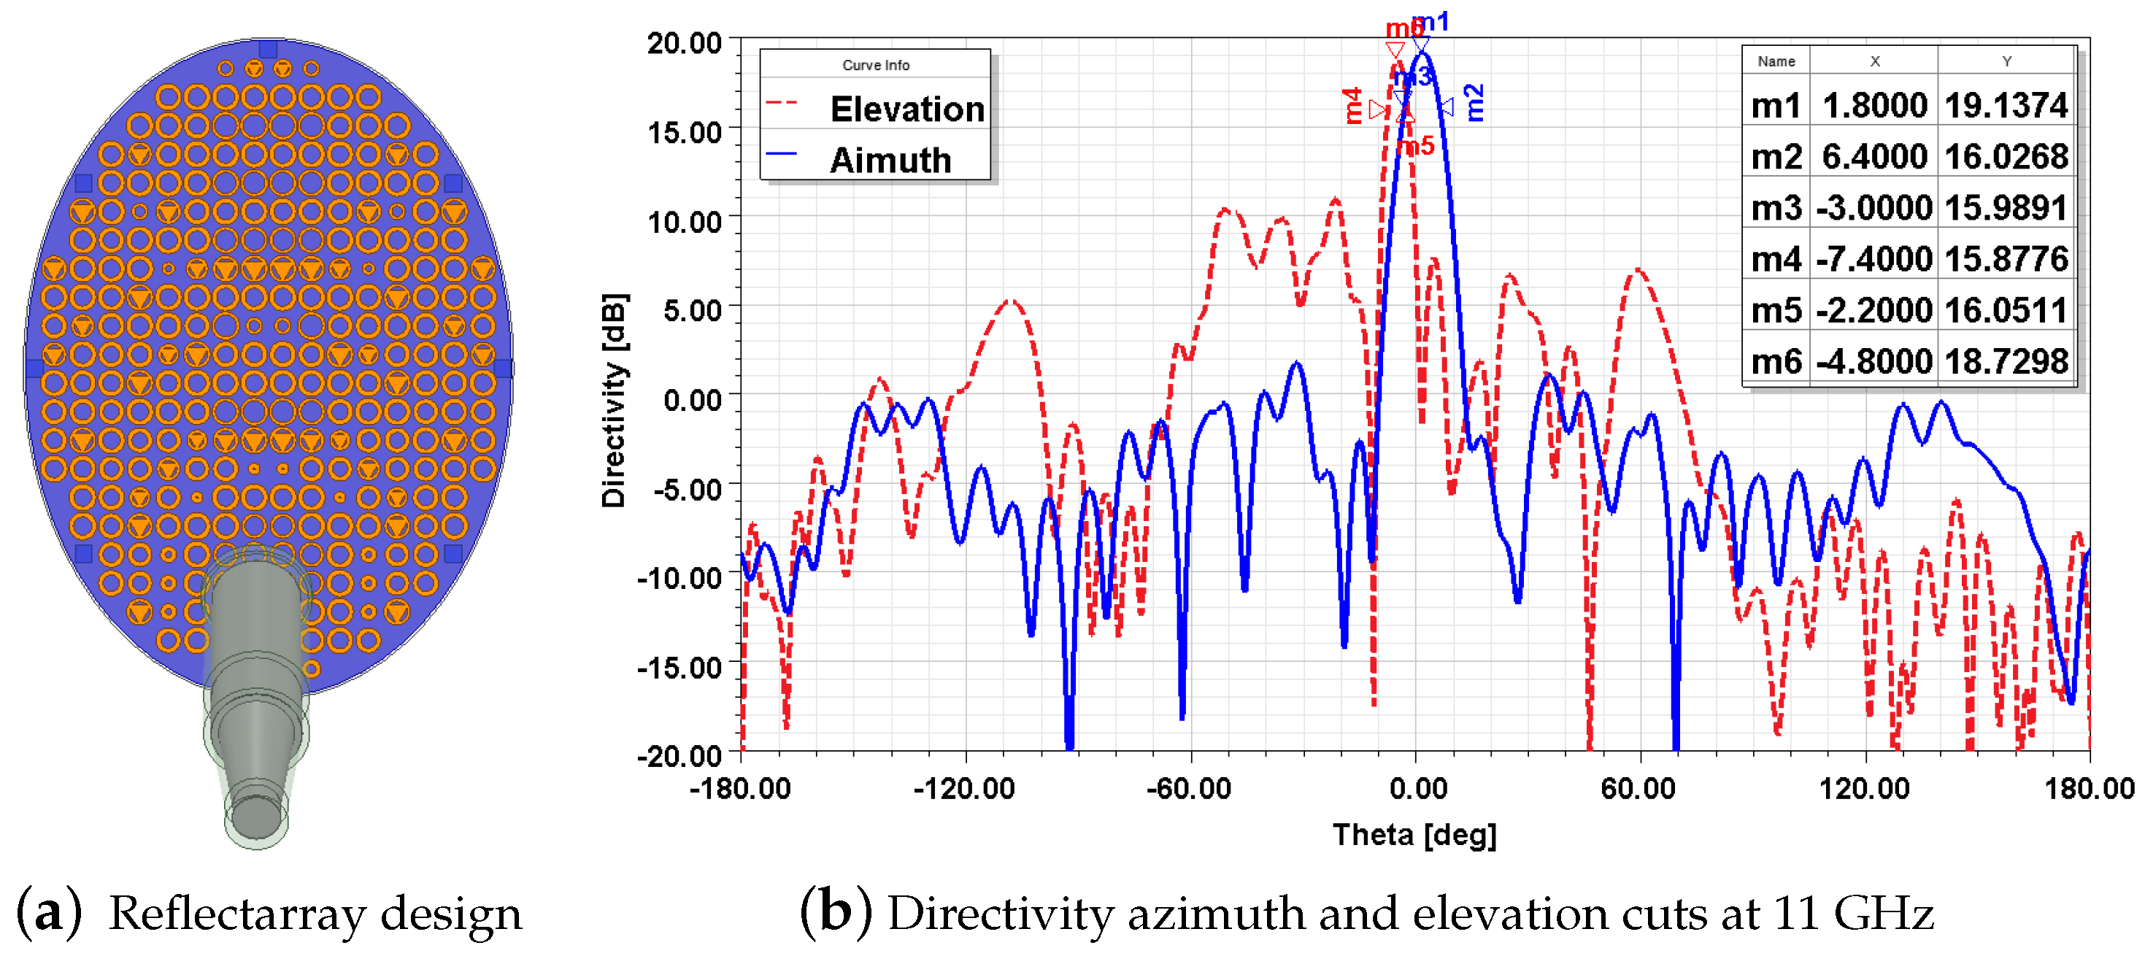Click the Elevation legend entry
click(906, 109)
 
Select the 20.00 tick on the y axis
click(685, 42)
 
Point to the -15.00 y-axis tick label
click(679, 666)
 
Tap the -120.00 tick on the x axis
click(963, 787)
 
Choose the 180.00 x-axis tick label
click(2088, 787)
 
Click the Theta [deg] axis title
click(1414, 834)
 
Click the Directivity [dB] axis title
click(615, 401)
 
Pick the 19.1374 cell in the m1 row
click(2005, 106)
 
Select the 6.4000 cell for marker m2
click(1873, 157)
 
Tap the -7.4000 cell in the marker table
click(1873, 259)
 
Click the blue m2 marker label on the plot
click(1473, 103)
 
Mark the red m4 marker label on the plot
click(1353, 106)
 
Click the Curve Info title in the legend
click(875, 65)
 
